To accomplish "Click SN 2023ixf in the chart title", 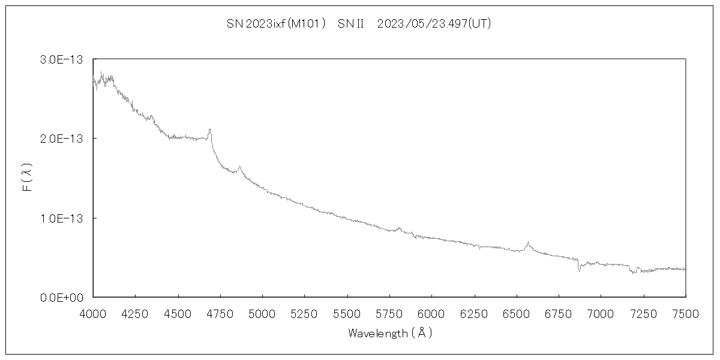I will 248,24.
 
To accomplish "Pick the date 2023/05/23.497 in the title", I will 422,24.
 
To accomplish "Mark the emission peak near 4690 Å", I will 209,130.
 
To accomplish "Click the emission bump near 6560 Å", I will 527,243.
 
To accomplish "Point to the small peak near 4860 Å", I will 239,167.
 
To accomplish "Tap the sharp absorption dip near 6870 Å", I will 579,270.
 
